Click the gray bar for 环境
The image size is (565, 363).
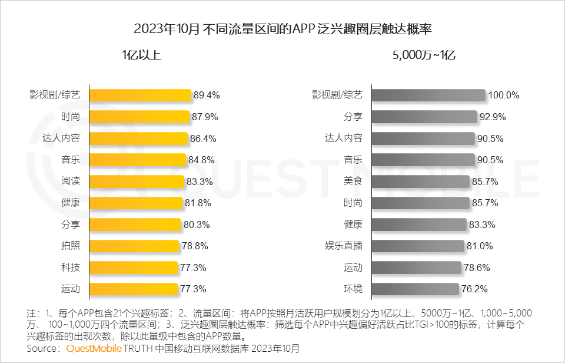coord(415,289)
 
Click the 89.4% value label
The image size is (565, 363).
coord(207,95)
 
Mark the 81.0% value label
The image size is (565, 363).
coord(479,246)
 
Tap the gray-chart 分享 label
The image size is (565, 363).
coord(353,117)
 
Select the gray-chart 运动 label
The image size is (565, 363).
coord(353,268)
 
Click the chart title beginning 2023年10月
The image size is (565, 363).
coord(282,28)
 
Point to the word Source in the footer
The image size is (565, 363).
coord(43,349)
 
